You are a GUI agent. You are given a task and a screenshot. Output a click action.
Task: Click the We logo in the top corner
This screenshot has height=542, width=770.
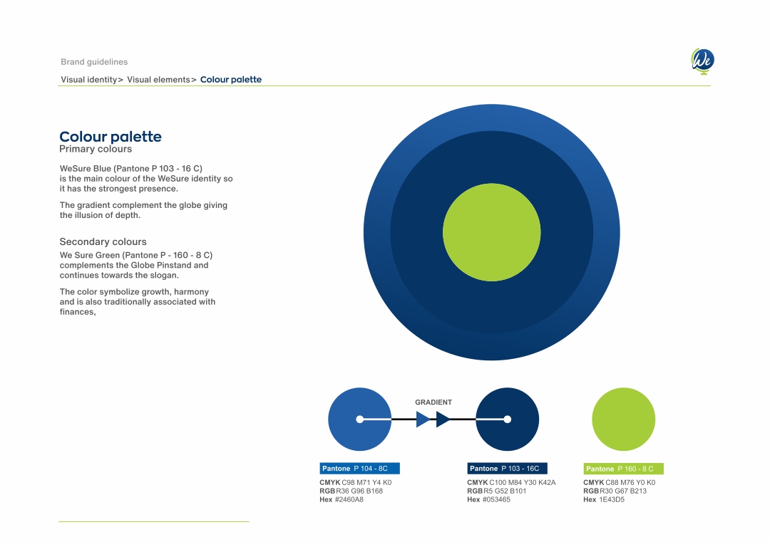coord(702,61)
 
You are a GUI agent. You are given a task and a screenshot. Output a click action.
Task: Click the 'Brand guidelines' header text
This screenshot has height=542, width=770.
coord(94,62)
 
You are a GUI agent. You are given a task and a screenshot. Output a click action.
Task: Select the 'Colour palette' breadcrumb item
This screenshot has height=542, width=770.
coord(231,80)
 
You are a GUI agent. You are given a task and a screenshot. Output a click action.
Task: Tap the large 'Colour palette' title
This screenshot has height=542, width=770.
coord(111,136)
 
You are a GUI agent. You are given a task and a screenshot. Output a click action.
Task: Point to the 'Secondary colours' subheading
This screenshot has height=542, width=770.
coord(103,242)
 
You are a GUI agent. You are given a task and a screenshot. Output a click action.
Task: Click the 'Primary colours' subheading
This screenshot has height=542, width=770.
coord(96,149)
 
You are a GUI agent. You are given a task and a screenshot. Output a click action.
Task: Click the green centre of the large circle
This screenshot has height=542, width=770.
coord(491,232)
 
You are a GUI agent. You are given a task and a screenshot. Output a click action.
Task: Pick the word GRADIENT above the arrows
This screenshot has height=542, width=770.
coord(433,402)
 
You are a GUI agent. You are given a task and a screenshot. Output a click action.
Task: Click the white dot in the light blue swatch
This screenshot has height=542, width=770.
coord(360,419)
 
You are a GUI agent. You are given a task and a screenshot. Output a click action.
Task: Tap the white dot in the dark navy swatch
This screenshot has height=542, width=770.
coord(508,419)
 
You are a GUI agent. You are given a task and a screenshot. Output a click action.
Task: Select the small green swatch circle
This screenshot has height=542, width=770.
coord(624,419)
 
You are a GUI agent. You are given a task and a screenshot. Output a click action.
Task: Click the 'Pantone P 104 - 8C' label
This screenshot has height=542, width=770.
coord(359,469)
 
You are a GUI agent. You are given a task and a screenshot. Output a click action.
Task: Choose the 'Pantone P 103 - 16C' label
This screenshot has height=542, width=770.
coord(508,469)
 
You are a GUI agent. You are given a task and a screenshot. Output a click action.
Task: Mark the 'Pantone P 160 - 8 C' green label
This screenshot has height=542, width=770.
coord(624,469)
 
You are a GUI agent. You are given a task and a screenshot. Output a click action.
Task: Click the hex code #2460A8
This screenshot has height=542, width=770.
coord(349,500)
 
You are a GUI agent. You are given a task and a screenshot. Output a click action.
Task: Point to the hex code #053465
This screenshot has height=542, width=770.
coord(496,500)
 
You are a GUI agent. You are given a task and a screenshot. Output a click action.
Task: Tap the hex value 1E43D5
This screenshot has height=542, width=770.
coord(612,500)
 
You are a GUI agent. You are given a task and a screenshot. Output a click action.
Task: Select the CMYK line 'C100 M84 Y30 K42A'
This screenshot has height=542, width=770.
coord(523,483)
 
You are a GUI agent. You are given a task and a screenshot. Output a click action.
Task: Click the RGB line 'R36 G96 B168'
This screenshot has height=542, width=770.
coord(359,491)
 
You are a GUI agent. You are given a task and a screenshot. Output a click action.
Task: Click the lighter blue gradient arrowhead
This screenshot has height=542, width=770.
coord(422,419)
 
